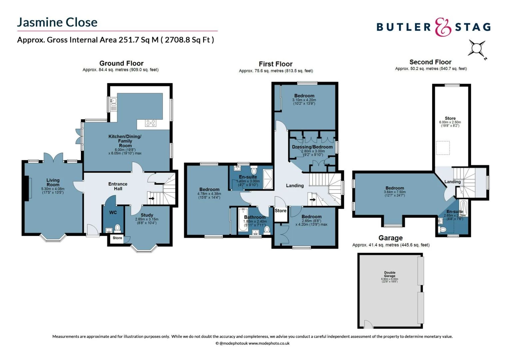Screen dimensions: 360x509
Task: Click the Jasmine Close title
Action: pos(57,22)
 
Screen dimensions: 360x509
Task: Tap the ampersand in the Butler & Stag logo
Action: pos(443,27)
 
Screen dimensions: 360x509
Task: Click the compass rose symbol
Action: pos(477,48)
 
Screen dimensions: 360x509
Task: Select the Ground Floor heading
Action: pos(121,63)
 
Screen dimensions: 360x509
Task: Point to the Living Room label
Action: pos(53,182)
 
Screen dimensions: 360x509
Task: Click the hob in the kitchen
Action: pos(151,123)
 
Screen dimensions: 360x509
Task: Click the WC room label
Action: pos(113,212)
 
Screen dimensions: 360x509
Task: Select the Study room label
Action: pos(147,215)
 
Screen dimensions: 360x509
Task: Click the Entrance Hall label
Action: pos(118,186)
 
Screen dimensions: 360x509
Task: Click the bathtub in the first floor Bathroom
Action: pos(242,220)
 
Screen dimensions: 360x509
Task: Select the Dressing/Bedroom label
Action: pos(312,147)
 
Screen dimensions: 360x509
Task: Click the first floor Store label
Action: pos(280,211)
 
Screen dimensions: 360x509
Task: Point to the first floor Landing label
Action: pos(295,185)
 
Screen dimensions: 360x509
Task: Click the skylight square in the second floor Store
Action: pos(443,148)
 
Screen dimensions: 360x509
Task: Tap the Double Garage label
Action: pos(390,274)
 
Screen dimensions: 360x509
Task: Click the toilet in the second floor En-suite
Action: pos(443,229)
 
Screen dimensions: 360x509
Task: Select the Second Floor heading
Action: pos(430,62)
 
